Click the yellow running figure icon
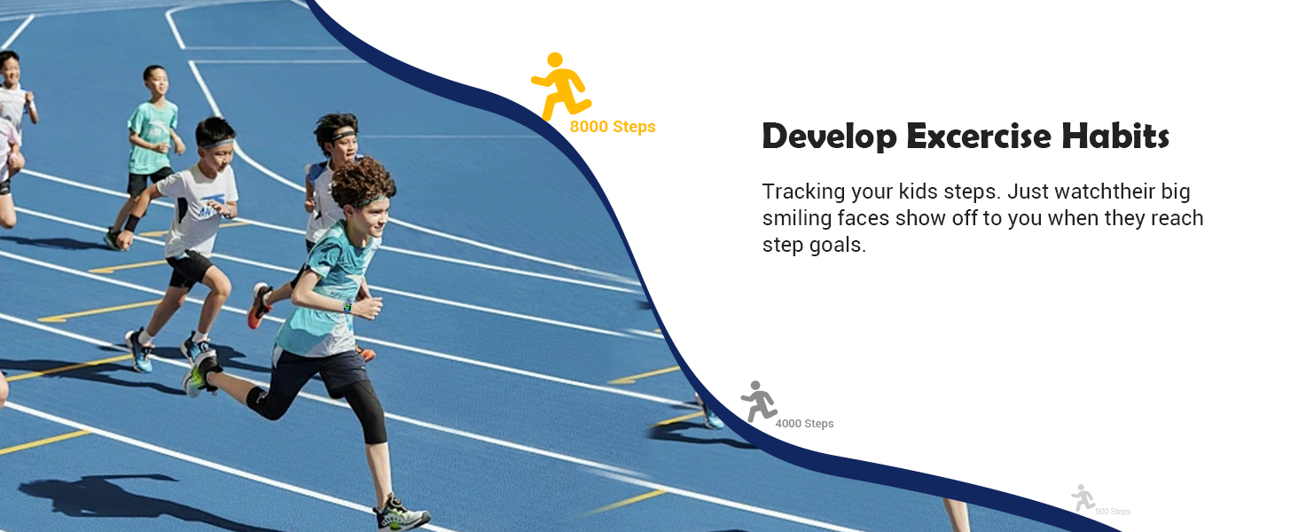tap(559, 87)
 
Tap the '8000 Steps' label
tap(613, 127)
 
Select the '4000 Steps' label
tap(804, 424)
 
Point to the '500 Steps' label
tap(1113, 511)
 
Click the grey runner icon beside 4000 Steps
tap(758, 402)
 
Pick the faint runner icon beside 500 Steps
tap(1082, 497)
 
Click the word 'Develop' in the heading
tap(829, 137)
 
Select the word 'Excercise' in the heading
tap(979, 137)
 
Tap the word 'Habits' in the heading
tap(1115, 136)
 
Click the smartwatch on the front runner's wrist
tap(348, 305)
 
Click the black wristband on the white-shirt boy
tap(132, 223)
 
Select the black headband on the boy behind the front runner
tap(343, 136)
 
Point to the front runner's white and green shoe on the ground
tap(401, 513)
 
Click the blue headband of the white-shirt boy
tap(216, 143)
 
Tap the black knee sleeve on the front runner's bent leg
tap(265, 403)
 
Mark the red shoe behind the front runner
tap(258, 305)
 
